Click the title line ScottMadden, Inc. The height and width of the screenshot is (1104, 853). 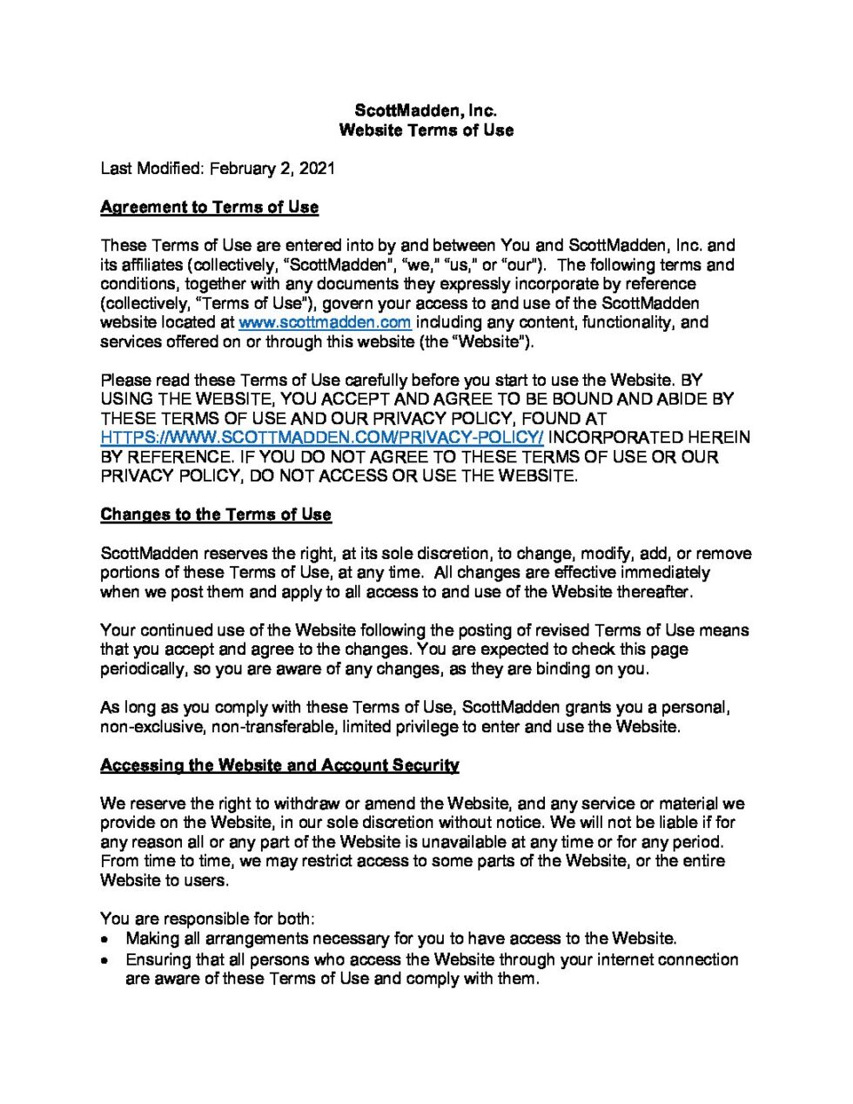[x=426, y=111]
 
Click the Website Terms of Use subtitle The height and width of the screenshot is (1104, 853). [x=426, y=130]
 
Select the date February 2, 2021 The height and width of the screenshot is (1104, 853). [x=272, y=168]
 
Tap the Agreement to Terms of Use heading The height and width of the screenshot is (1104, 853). [x=209, y=207]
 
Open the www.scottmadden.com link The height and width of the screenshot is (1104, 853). [x=325, y=322]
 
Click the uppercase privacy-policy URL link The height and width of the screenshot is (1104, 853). [x=322, y=437]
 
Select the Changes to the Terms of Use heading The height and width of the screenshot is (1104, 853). [x=216, y=515]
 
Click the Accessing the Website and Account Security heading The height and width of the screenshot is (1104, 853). [x=279, y=765]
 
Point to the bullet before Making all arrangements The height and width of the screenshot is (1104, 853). [x=105, y=939]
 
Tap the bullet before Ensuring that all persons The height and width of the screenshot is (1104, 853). [x=105, y=960]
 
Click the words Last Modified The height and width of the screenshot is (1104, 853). [x=151, y=168]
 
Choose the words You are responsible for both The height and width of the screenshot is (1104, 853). [x=207, y=919]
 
